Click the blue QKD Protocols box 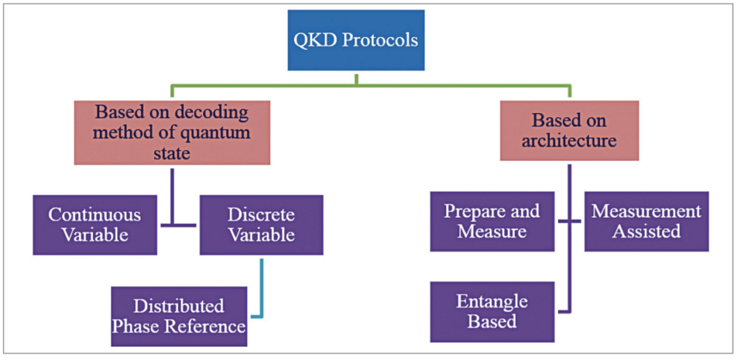pos(357,40)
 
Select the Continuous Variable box pos(94,225)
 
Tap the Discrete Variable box pos(262,225)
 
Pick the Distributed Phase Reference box pos(179,316)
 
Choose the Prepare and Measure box pos(492,221)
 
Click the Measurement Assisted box pos(646,221)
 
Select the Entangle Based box pos(492,311)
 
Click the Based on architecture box pos(569,130)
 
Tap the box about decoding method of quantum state pos(171,132)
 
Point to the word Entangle pos(492,302)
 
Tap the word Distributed pos(179,306)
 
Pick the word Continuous pos(94,215)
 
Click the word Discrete pos(262,215)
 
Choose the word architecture pos(569,141)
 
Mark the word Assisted pos(646,231)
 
